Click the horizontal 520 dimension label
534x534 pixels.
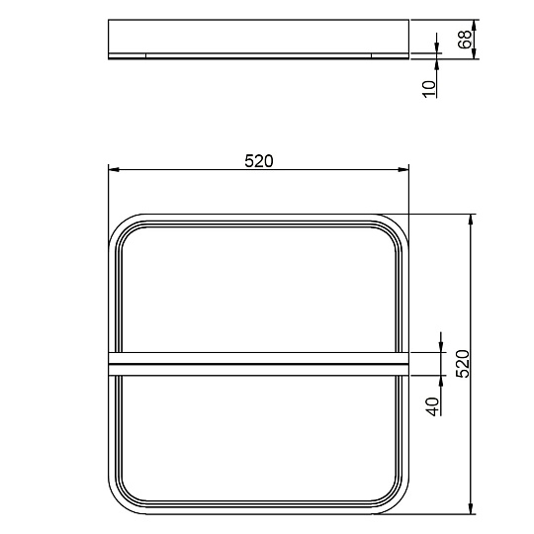(x=259, y=161)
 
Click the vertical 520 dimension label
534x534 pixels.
(x=463, y=363)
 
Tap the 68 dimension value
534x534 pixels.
(x=465, y=40)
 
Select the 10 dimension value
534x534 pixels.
(x=429, y=89)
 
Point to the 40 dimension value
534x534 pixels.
(x=433, y=406)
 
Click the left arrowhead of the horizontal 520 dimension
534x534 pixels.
(x=114, y=170)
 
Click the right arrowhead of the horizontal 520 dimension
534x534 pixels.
(x=403, y=170)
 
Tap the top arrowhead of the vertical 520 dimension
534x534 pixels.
(x=471, y=220)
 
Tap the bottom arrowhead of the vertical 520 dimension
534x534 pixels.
(x=471, y=509)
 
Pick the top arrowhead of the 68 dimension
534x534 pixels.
(x=474, y=25)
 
